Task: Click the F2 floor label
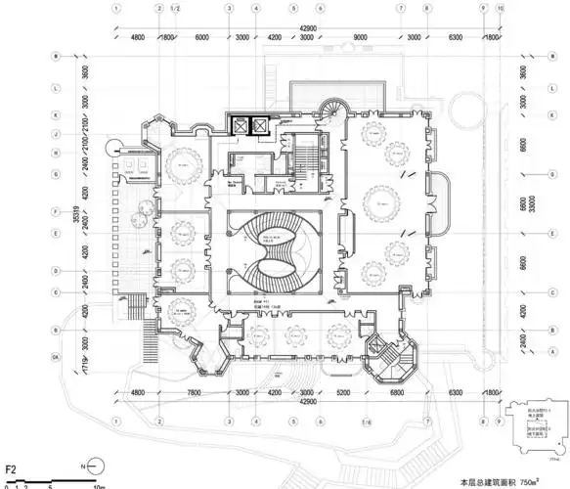point(12,455)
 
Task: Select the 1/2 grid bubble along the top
point(175,8)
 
